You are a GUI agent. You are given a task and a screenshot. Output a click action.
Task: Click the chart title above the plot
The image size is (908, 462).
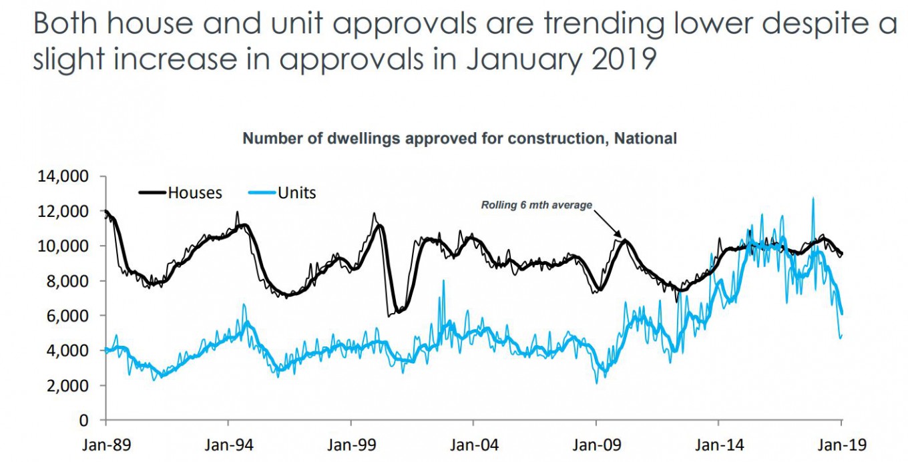[459, 139]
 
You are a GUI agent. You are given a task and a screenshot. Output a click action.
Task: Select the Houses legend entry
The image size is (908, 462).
[194, 193]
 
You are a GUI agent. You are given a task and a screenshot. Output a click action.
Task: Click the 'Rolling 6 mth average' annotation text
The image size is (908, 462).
[536, 206]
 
